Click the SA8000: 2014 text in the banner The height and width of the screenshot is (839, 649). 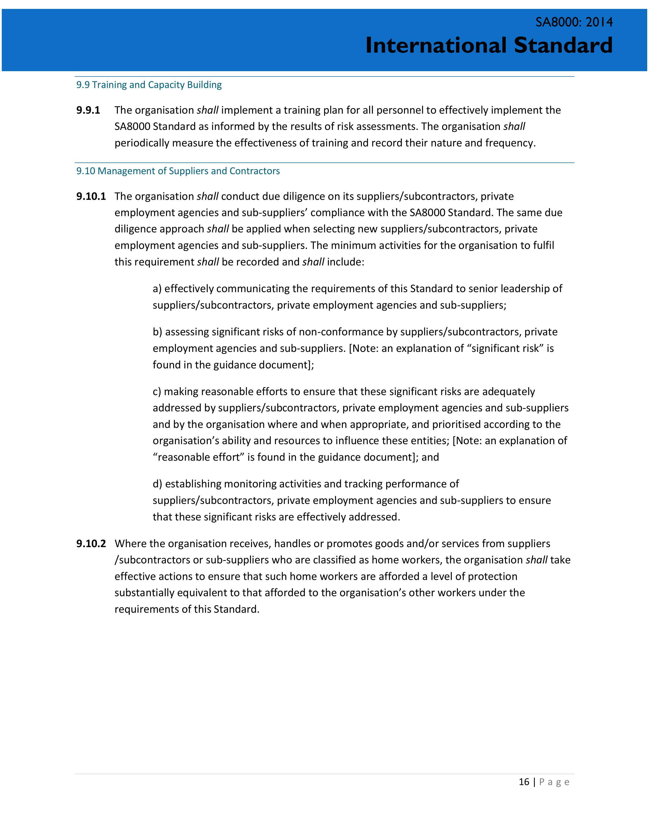click(x=574, y=22)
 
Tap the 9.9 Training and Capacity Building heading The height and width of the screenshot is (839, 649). click(x=149, y=85)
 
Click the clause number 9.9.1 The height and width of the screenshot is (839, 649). click(x=88, y=110)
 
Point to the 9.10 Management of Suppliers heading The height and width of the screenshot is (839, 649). click(x=178, y=171)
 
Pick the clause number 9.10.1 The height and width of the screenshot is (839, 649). click(x=91, y=196)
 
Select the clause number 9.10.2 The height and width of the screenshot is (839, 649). click(x=91, y=544)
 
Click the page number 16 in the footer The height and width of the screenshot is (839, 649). click(x=524, y=782)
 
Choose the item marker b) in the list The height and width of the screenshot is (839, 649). click(x=157, y=332)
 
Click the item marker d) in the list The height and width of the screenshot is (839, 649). click(x=157, y=484)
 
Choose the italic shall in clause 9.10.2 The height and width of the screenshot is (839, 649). click(x=536, y=560)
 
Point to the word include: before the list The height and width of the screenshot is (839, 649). click(x=345, y=262)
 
